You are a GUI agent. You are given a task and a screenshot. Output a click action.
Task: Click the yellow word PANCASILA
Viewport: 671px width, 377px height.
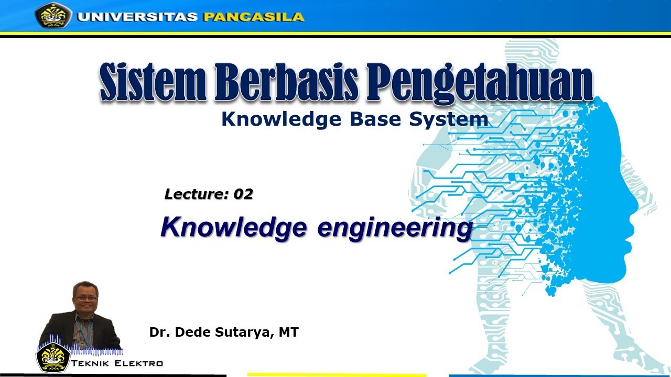[x=253, y=17]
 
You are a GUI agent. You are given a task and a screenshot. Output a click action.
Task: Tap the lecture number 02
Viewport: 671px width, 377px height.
[x=243, y=194]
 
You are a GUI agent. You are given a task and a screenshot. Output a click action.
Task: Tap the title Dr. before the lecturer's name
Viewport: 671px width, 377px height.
[x=159, y=332]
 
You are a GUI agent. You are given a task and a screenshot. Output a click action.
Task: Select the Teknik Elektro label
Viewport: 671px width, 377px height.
[x=117, y=363]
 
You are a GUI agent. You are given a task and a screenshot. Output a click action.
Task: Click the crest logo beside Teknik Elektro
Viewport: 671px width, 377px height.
[x=52, y=357]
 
